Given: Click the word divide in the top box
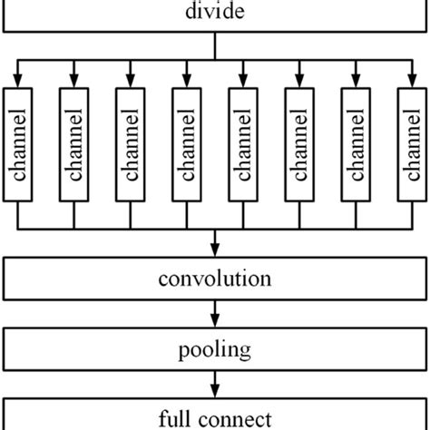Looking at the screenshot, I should coord(215,13).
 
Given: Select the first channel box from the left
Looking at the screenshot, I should coord(18,145).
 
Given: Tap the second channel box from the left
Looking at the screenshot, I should coord(74,145).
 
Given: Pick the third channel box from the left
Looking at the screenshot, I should coord(131,145).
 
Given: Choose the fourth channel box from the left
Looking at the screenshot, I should coord(187,145).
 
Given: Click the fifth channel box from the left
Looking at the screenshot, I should coord(243,145).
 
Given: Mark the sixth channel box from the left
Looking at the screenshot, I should coord(299,145).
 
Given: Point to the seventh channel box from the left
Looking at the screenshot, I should coord(356,145).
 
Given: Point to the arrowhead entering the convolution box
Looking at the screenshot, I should coord(215,252).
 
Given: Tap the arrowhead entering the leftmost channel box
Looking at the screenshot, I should coord(18,81).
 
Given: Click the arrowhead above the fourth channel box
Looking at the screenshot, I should coord(187,81).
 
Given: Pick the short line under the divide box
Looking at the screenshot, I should coord(215,47).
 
